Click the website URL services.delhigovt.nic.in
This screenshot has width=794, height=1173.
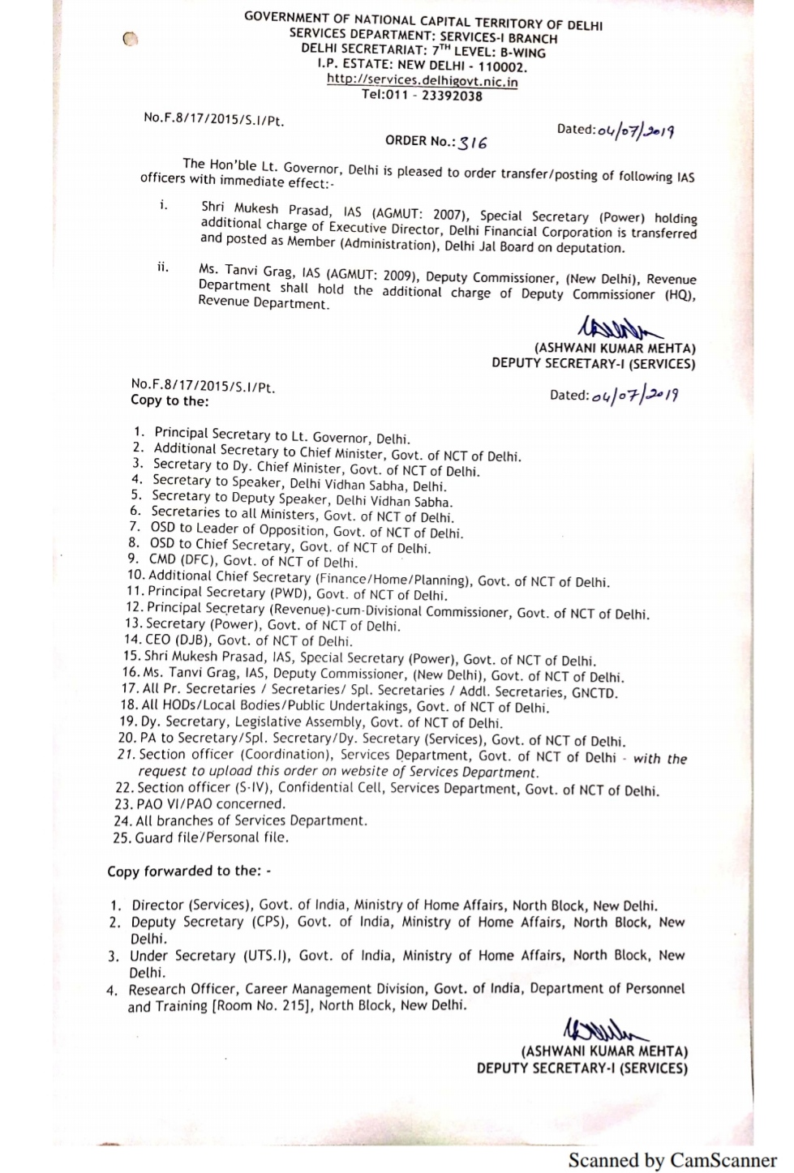pyautogui.click(x=422, y=81)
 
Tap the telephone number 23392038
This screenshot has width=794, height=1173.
pyautogui.click(x=452, y=96)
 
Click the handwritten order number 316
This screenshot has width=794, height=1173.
pyautogui.click(x=473, y=143)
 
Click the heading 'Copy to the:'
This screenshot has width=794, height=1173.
pyautogui.click(x=170, y=400)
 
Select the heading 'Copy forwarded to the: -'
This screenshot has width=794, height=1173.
pyautogui.click(x=189, y=871)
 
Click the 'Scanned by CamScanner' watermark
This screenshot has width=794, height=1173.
pyautogui.click(x=672, y=1160)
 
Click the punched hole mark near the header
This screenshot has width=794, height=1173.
pyautogui.click(x=131, y=38)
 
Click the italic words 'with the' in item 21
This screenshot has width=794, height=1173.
pyautogui.click(x=659, y=759)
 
